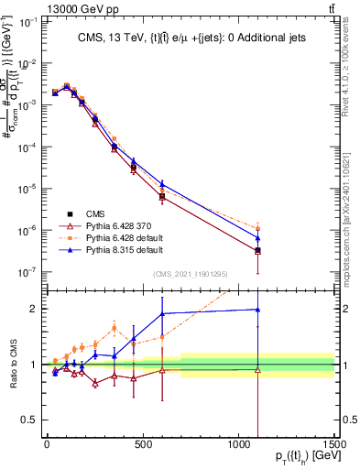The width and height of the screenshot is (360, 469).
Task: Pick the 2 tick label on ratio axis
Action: point(31,309)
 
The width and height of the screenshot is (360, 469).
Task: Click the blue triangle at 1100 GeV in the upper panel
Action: point(258,238)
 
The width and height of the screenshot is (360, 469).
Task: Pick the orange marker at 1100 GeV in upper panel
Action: point(258,228)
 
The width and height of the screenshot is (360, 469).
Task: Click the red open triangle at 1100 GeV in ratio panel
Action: point(258,370)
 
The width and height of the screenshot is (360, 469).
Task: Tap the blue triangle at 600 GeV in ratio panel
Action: point(162,313)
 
